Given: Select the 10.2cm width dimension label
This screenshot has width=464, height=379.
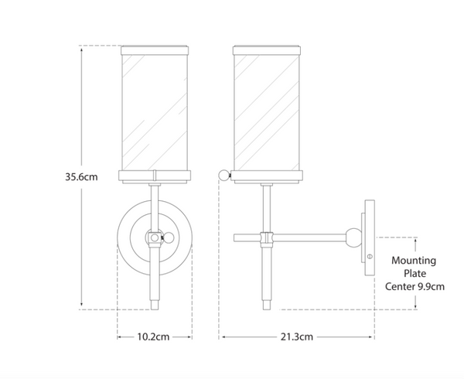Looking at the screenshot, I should point(154,336).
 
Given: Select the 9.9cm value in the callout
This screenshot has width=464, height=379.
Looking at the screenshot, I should point(431,287).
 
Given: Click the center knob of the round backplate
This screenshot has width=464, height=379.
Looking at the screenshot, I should point(154,237).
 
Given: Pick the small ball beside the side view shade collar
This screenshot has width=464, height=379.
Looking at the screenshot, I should point(226,175).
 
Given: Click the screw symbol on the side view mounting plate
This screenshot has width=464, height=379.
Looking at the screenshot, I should point(369,256).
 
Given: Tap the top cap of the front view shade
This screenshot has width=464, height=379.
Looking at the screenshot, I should point(154,50).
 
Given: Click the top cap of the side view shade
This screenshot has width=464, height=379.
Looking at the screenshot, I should point(268,50).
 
